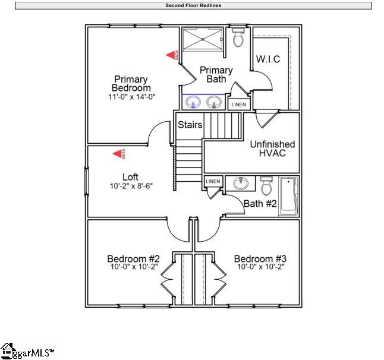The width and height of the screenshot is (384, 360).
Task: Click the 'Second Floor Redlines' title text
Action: [x=193, y=5]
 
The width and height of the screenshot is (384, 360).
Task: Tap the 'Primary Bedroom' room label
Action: [x=131, y=84]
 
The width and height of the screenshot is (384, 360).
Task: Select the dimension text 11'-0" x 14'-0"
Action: [x=131, y=97]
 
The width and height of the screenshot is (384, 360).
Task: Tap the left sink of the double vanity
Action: [x=193, y=103]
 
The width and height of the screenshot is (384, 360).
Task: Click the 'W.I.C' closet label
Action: [x=268, y=59]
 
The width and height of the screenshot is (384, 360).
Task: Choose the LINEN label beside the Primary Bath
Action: [x=238, y=105]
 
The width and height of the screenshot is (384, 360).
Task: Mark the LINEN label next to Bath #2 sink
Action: [x=213, y=181]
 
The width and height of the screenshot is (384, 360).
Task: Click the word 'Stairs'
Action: [x=190, y=125]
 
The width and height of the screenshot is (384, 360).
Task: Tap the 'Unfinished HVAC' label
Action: [x=272, y=149]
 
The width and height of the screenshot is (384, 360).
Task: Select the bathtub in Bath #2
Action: [x=288, y=195]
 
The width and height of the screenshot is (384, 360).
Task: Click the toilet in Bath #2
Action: [x=266, y=187]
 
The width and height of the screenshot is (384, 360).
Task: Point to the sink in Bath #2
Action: [x=241, y=184]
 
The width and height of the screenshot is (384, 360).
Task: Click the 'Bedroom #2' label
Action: [x=133, y=259]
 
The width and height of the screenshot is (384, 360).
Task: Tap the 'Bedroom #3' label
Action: [x=260, y=259]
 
